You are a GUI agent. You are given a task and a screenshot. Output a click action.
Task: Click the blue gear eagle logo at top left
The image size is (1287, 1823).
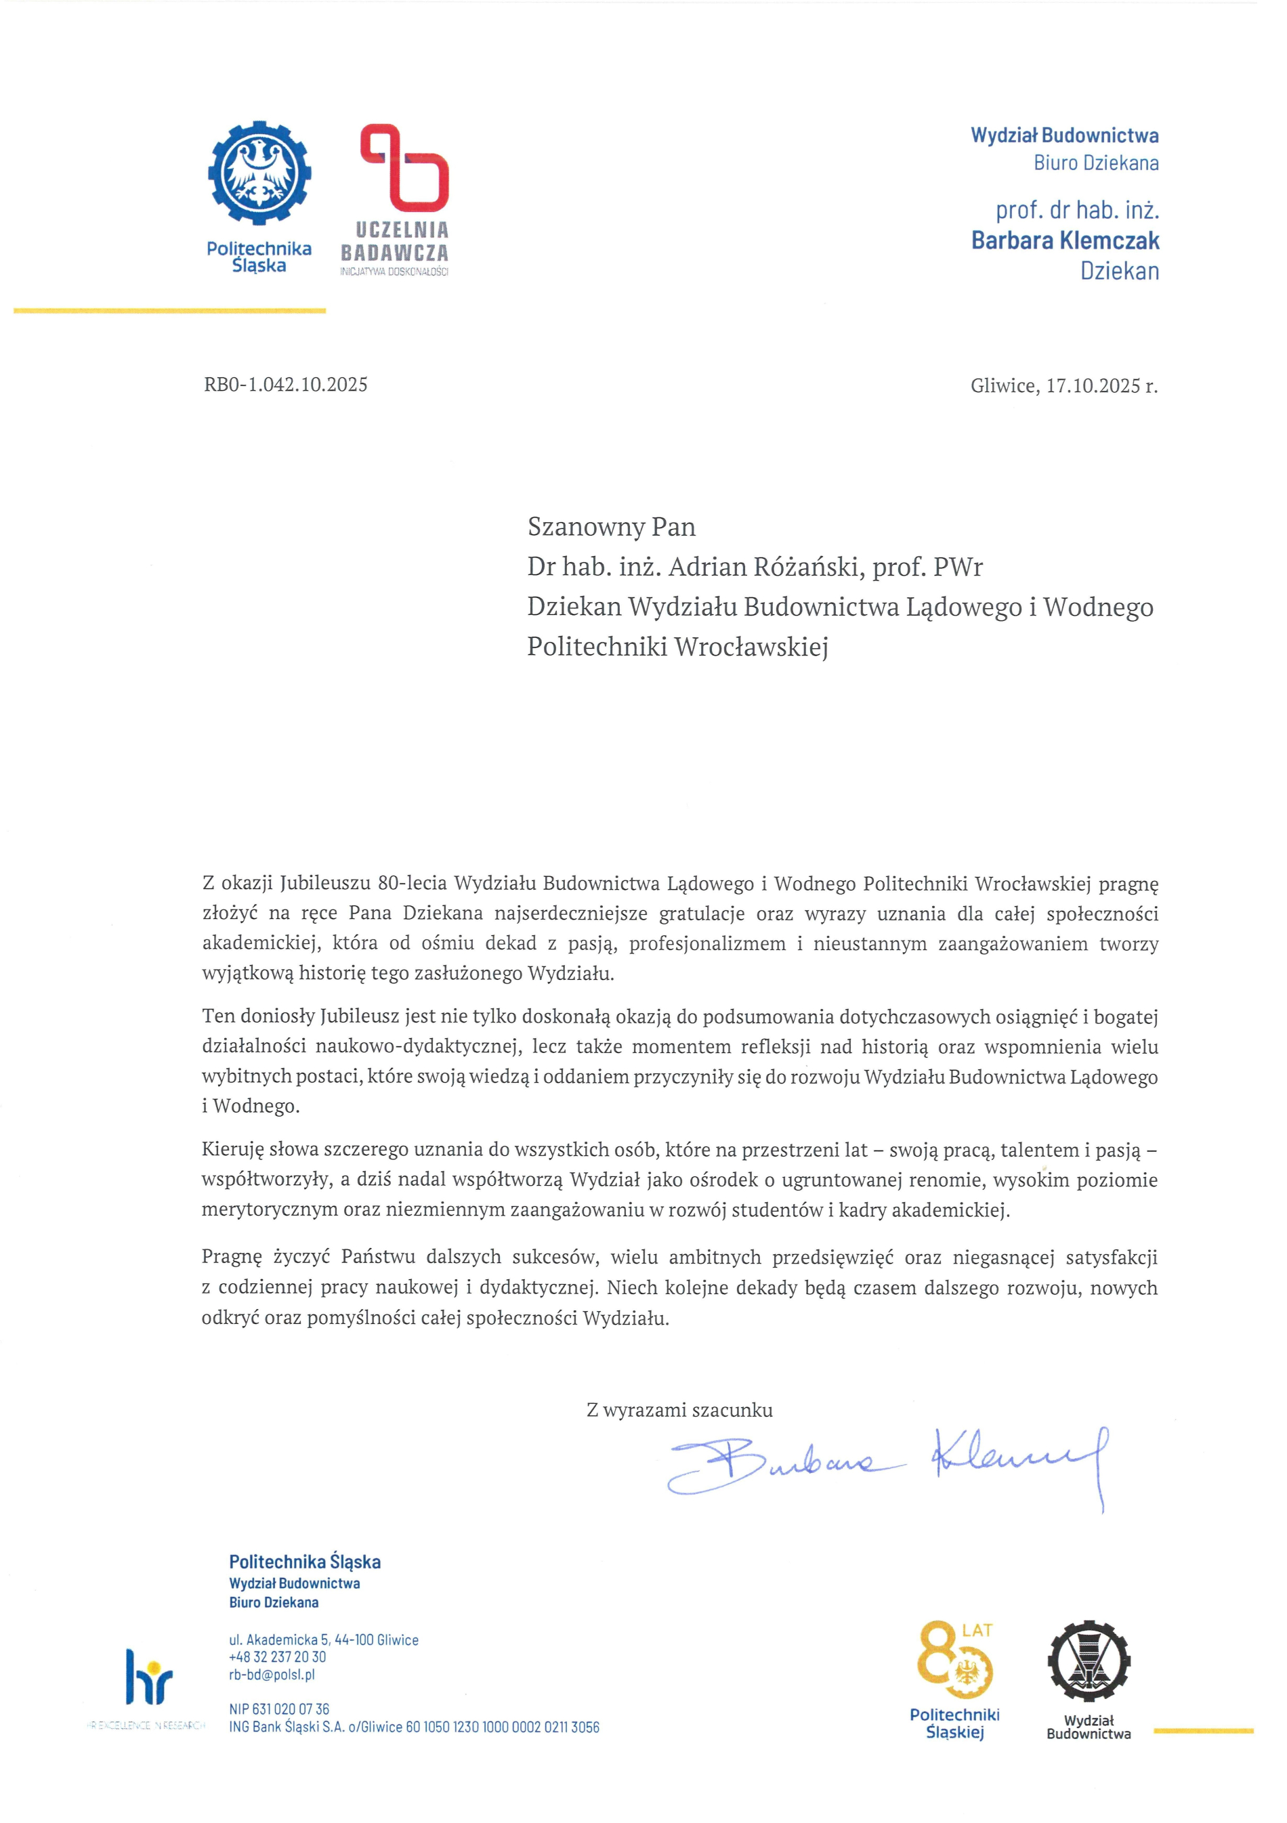(259, 172)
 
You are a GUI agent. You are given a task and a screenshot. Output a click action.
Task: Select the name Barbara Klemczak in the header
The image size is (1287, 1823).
(1065, 240)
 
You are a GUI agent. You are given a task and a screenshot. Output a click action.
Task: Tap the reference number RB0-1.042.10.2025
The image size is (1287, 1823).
(286, 385)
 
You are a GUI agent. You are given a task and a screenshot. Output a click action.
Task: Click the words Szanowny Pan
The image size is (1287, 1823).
(612, 528)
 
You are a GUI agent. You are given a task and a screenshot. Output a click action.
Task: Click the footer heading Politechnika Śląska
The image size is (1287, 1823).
(305, 1562)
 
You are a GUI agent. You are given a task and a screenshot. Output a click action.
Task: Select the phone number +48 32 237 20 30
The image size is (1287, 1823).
(277, 1657)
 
